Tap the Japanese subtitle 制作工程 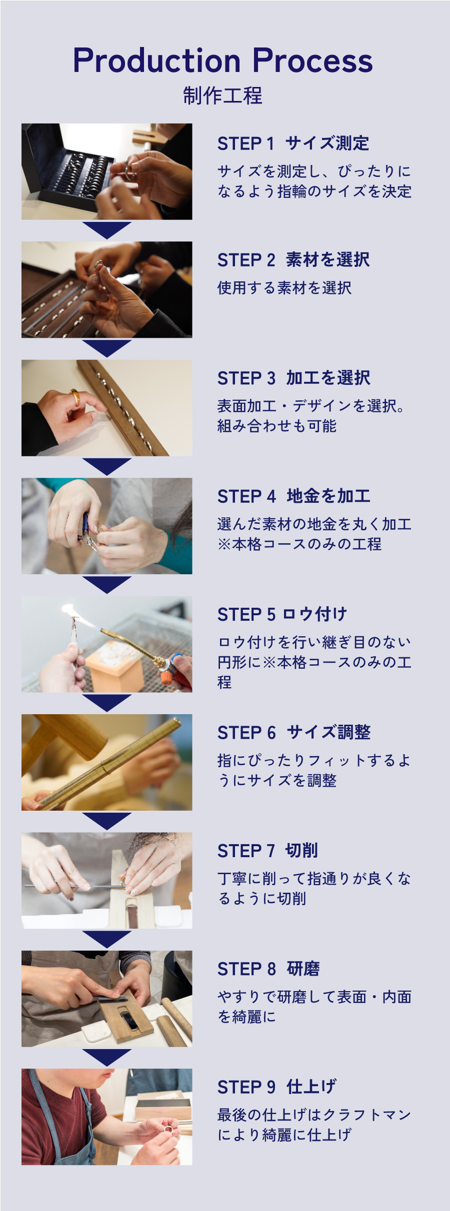tap(222, 95)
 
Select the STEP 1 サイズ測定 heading tap(293, 143)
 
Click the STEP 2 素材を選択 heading tap(293, 260)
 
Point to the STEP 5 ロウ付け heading tap(282, 614)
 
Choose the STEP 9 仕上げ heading tap(276, 1087)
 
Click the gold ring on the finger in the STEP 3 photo tap(75, 397)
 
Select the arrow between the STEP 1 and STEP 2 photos tap(106, 230)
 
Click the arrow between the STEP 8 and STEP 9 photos tap(106, 1057)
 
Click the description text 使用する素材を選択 tap(284, 288)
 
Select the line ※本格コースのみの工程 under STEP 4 tap(299, 544)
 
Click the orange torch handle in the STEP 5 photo tap(166, 677)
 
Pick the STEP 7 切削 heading tap(267, 850)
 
